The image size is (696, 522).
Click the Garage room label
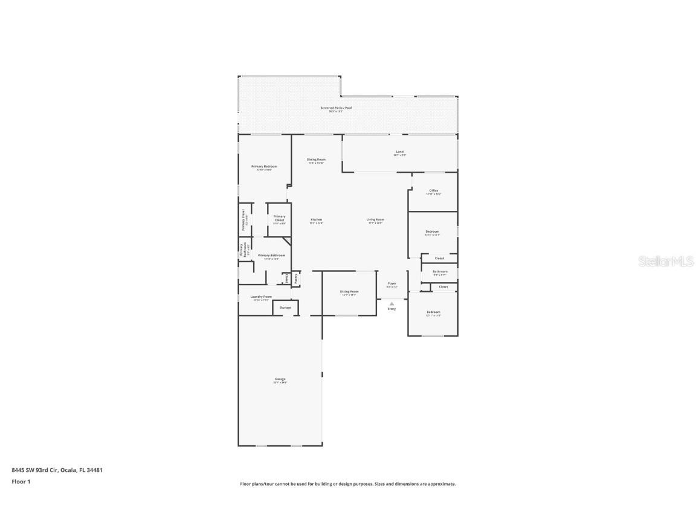280,379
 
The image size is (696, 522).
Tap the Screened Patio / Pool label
336,108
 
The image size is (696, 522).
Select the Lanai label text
400,152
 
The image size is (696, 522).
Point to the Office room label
434,190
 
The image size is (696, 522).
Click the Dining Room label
316,159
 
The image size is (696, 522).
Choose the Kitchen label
317,219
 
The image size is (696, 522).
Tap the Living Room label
375,219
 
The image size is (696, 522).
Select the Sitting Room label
350,291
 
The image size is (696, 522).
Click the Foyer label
392,283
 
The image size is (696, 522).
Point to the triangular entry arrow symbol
391,303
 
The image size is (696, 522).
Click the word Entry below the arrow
391,309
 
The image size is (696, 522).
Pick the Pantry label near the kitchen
295,278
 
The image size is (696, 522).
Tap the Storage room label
285,308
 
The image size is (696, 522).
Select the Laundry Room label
261,297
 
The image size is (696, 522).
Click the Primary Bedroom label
264,166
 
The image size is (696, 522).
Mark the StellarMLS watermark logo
659,261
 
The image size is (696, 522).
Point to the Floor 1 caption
21,482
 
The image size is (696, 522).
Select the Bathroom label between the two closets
440,271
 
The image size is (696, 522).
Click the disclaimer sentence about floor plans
348,484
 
